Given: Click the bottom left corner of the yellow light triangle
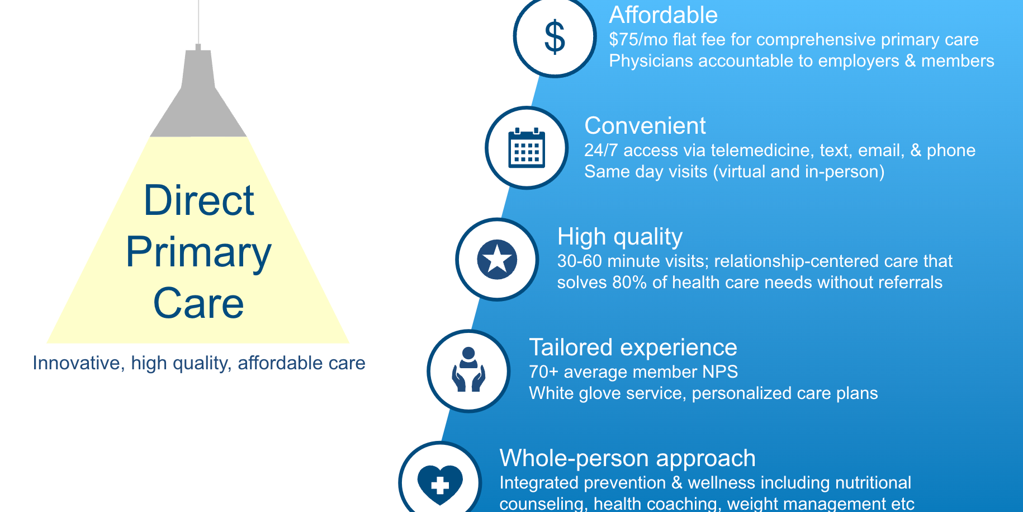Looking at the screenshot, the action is tap(47, 343).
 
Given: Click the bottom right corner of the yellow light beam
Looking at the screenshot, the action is tap(349, 343).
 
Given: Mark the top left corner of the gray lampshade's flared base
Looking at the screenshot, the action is tap(182, 88).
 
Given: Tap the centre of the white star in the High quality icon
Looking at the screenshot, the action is tap(497, 260).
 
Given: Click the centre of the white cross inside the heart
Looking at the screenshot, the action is tap(440, 485).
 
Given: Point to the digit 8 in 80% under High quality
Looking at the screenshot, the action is tap(618, 283).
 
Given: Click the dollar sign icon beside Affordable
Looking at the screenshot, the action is tap(555, 37).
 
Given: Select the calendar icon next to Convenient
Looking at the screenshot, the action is tap(527, 148).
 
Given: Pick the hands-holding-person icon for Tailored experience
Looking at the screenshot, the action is tap(468, 370).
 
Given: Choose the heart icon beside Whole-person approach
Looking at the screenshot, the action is tap(440, 485).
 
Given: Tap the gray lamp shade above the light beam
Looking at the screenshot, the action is tap(198, 93).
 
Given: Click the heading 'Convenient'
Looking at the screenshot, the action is tap(645, 126).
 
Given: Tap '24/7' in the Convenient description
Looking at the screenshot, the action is tap(601, 151).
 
